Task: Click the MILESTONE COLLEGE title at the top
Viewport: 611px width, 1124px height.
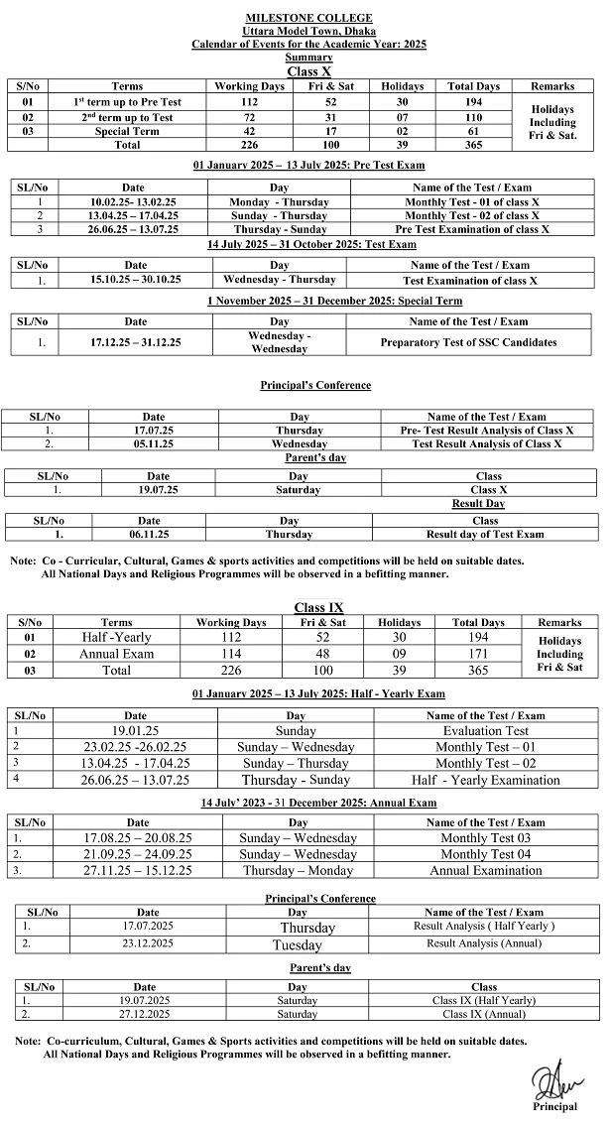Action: tap(309, 18)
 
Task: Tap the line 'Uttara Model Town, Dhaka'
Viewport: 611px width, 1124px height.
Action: tap(309, 31)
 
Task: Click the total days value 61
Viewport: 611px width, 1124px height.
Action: tap(473, 131)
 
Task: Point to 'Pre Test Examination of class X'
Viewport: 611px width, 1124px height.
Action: tap(471, 229)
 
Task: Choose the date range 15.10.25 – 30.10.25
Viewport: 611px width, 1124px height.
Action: tap(136, 280)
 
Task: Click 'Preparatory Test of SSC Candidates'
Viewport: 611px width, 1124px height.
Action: tap(468, 342)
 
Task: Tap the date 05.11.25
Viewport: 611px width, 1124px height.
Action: tap(154, 443)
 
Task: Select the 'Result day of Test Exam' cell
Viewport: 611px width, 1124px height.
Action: tap(485, 534)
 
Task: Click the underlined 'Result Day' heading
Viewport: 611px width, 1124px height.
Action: tap(478, 504)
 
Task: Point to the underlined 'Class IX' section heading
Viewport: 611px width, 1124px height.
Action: tap(318, 607)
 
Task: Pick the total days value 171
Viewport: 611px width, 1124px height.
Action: tap(478, 654)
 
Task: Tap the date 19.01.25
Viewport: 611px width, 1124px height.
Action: tap(136, 730)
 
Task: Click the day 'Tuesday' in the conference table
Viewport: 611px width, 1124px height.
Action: tap(298, 944)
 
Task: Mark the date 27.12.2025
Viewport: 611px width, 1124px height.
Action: tap(145, 1015)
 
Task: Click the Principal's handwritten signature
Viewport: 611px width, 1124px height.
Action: tap(551, 1080)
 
